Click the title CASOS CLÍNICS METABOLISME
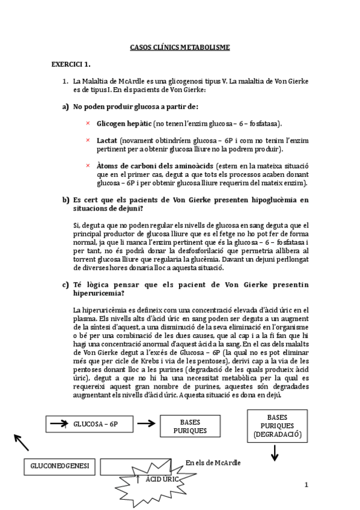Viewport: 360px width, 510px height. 180,48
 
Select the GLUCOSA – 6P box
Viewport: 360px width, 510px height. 90,424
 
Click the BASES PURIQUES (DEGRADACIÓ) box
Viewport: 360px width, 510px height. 277,425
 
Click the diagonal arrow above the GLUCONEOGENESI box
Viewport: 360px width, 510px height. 20,443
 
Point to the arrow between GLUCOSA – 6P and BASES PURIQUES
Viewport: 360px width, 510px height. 145,424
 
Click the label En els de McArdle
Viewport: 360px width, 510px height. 213,462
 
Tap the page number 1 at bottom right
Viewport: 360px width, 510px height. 306,485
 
